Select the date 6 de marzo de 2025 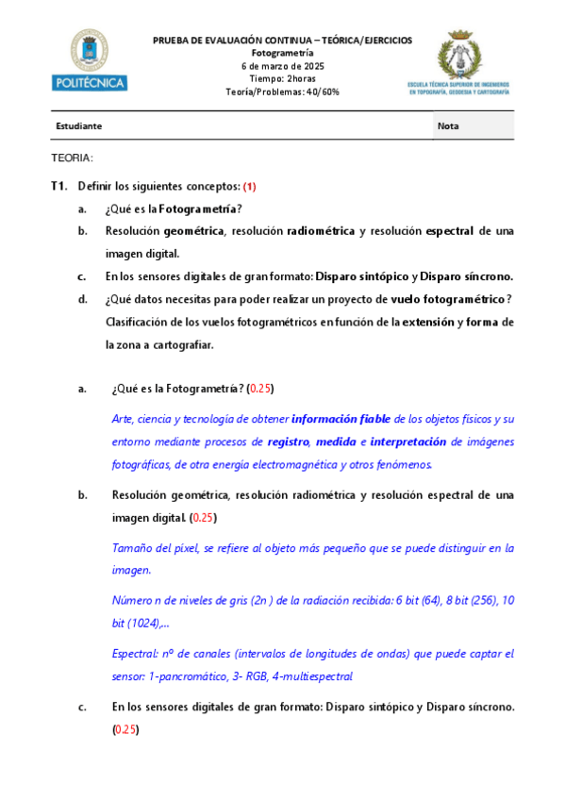(282, 66)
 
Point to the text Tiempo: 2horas (282, 78)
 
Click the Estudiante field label (78, 125)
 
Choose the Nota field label (449, 125)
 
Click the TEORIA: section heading (72, 158)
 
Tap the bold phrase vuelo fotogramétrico (448, 299)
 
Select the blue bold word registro (288, 441)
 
